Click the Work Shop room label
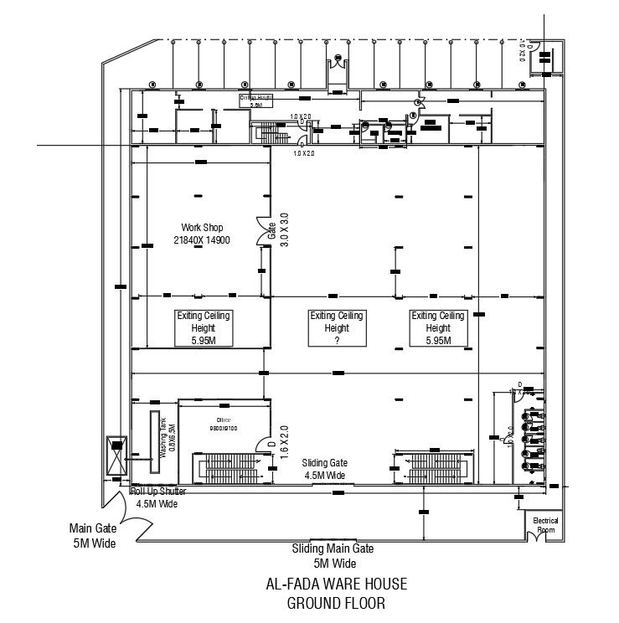pos(201,234)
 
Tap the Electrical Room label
pos(545,525)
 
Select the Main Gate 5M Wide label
pos(92,536)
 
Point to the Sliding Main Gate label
pos(333,555)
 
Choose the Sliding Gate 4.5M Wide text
pos(326,469)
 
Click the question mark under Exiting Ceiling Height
pos(336,341)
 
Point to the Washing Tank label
pos(168,435)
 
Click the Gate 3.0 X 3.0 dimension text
pos(277,228)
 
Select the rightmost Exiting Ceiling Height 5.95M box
pos(436,328)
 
